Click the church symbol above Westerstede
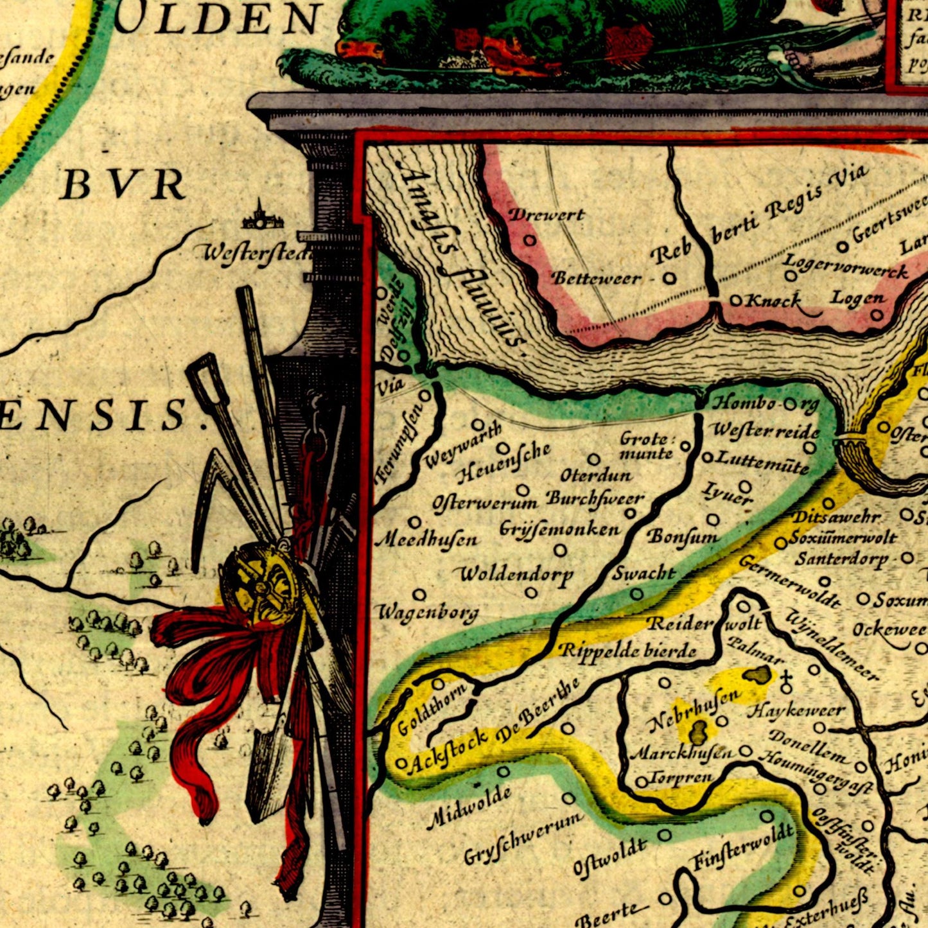[261, 216]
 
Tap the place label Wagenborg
[427, 613]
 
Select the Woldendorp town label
[516, 573]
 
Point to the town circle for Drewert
[530, 240]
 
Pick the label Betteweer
[596, 277]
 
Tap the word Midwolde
[469, 806]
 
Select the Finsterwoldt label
[743, 849]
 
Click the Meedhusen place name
[426, 539]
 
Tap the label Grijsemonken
[559, 529]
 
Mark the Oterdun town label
[596, 476]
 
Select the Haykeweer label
[796, 711]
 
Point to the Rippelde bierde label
[628, 650]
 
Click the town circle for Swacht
[636, 594]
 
